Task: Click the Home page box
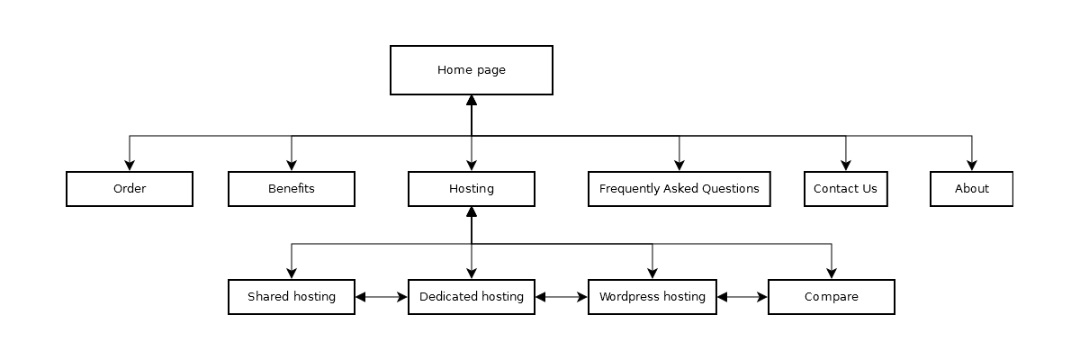(471, 70)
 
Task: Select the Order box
(130, 189)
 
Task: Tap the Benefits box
(292, 189)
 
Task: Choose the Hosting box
(471, 189)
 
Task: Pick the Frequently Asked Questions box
(679, 189)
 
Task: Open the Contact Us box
(845, 189)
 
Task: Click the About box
(971, 189)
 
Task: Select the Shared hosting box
(292, 297)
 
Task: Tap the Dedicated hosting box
(471, 297)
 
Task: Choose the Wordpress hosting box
(652, 297)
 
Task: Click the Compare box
(831, 297)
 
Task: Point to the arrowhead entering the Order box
(130, 166)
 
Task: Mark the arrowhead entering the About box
(972, 166)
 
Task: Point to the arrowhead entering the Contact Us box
(846, 166)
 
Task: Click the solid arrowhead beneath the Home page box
(472, 101)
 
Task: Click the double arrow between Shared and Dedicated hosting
(382, 297)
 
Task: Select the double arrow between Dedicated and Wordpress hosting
(562, 297)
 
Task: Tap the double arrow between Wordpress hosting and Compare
(742, 297)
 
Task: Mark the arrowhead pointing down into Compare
(832, 274)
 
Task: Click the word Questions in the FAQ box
(726, 189)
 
